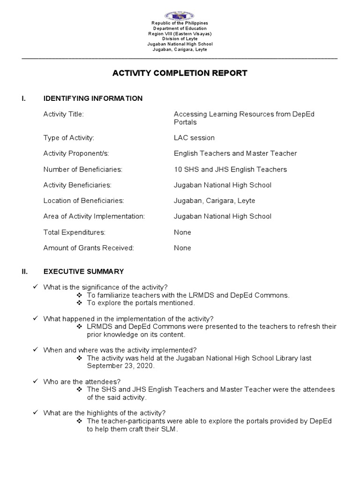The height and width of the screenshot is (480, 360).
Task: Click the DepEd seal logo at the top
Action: pos(180,15)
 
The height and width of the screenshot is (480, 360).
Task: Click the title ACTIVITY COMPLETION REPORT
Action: pos(180,73)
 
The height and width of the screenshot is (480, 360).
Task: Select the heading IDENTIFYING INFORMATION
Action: pos(93,98)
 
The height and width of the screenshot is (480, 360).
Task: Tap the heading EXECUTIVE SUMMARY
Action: pos(83,271)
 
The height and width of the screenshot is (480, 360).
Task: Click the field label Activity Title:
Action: pos(63,114)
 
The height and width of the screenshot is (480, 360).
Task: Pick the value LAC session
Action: pos(194,138)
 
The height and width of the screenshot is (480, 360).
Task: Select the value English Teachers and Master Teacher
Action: pos(235,153)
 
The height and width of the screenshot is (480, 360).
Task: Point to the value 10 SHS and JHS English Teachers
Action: pos(230,169)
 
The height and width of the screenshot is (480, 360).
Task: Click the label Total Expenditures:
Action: pos(74,232)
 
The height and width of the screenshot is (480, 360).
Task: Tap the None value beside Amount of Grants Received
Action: pos(182,248)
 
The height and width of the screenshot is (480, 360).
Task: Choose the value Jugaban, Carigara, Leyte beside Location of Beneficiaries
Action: pos(214,201)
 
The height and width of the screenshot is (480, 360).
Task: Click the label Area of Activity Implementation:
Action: pos(94,216)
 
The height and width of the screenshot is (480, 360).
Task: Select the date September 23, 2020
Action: pos(120,366)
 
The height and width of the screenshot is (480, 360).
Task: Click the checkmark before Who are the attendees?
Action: pos(36,382)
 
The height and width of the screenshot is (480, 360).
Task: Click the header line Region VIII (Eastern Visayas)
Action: pos(180,34)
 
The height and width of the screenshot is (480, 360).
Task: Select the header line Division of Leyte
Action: pos(180,39)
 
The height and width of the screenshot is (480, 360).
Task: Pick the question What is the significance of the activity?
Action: pos(105,287)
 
